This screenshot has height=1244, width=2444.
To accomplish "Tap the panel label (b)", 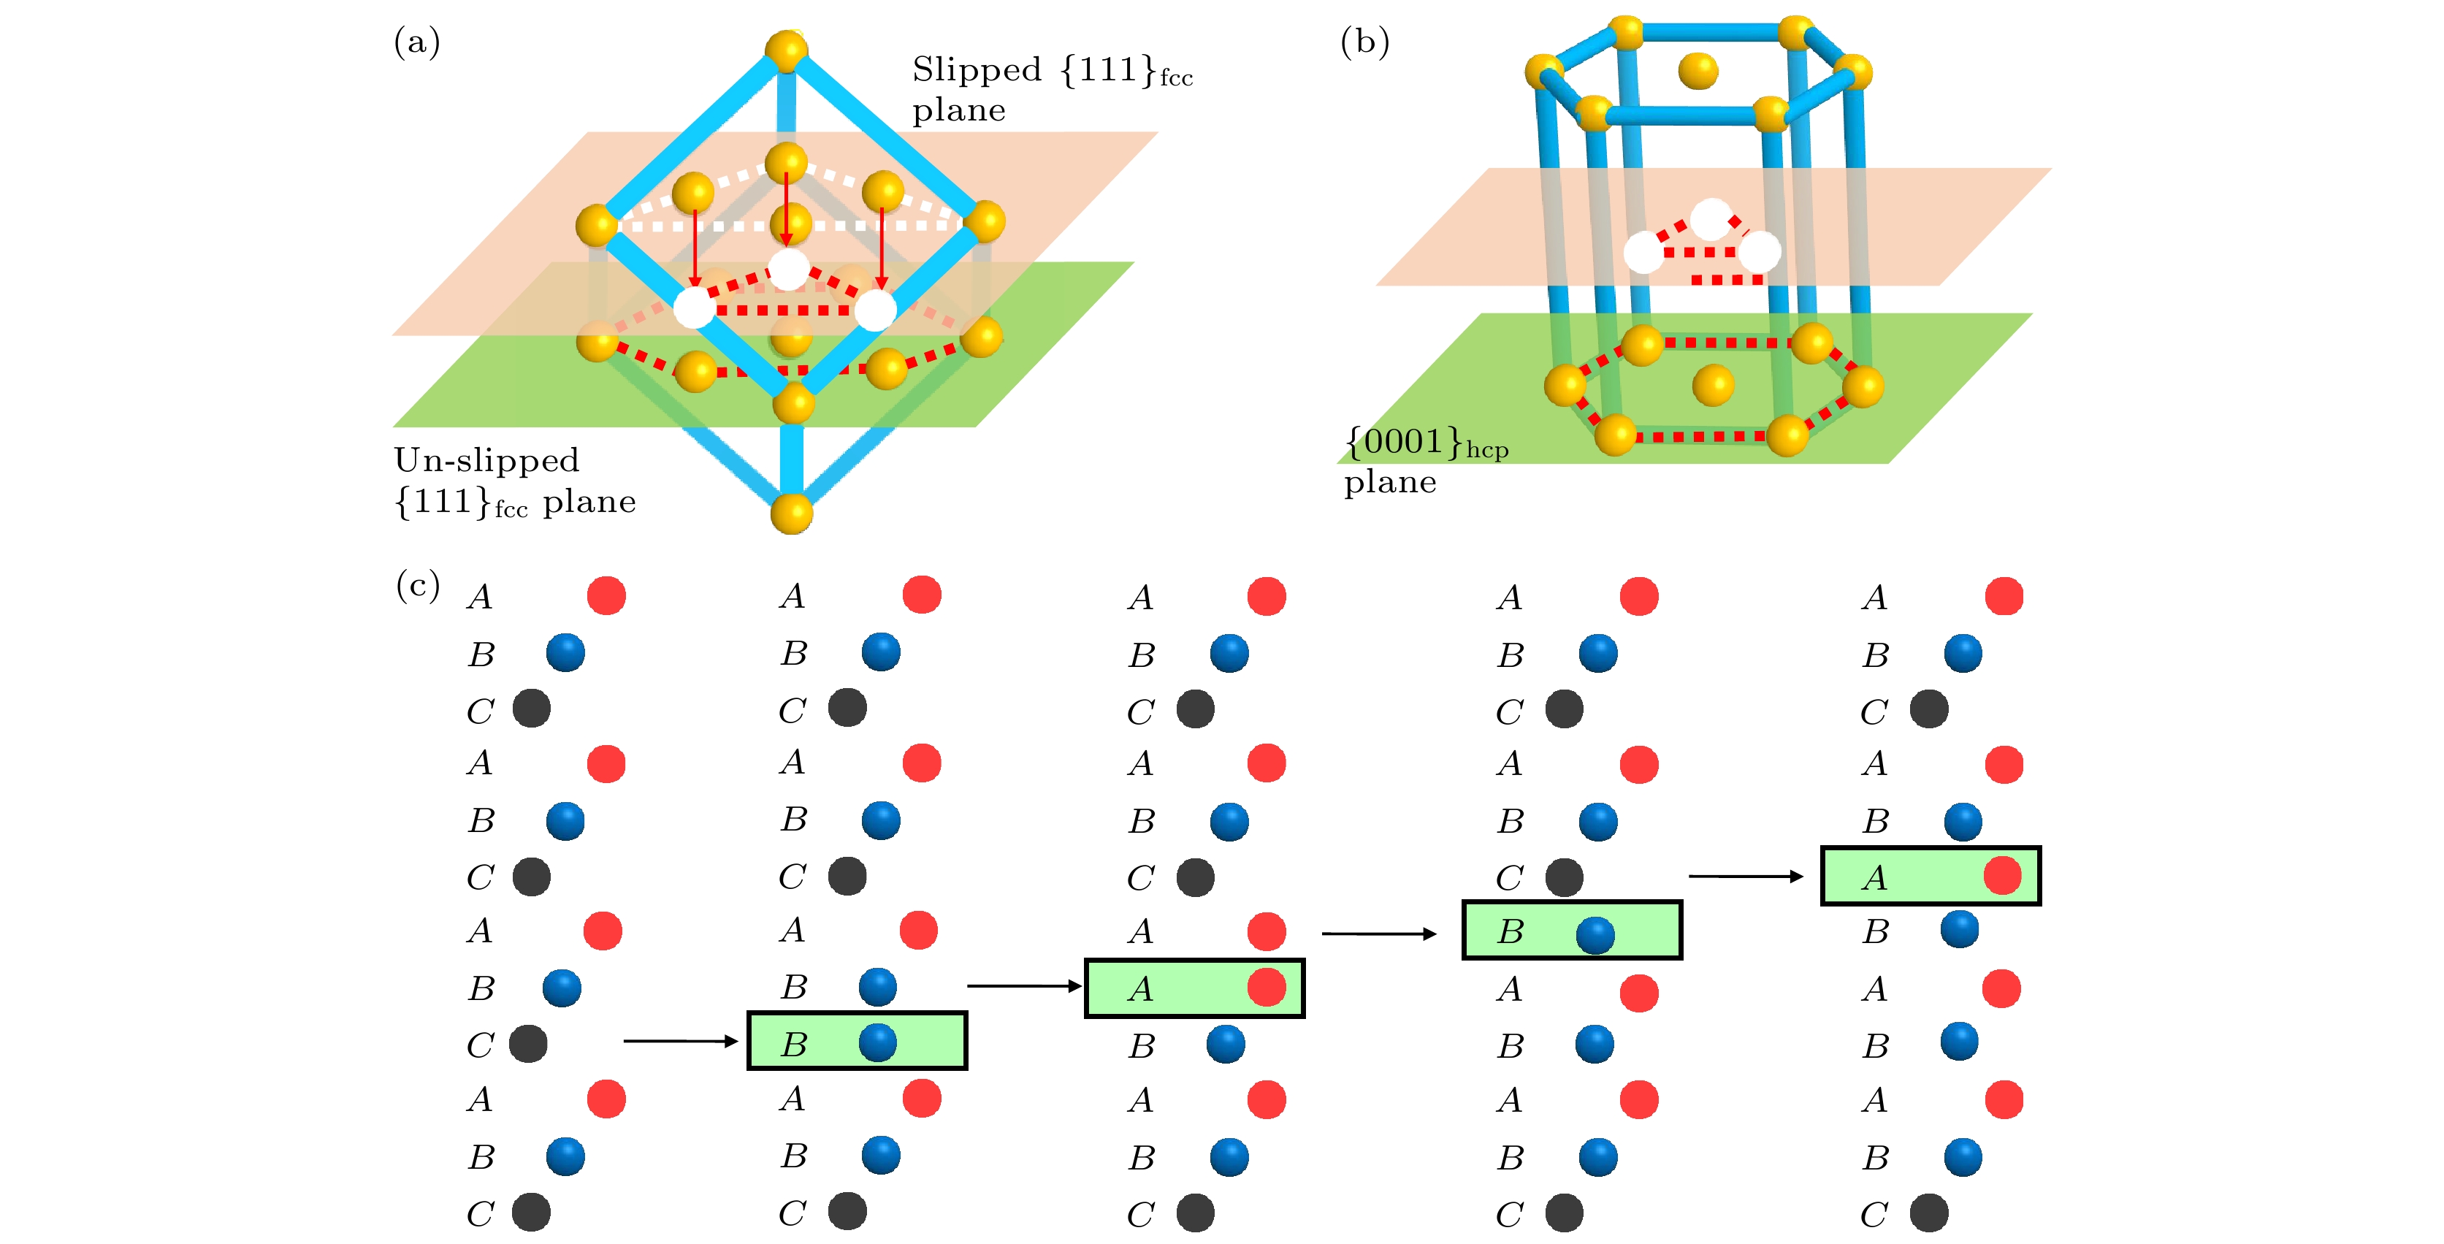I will pos(1364,42).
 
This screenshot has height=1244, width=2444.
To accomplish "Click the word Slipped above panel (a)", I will pos(977,70).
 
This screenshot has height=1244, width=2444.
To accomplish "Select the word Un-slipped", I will pos(486,460).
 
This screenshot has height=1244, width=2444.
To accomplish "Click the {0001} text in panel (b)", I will pos(1404,441).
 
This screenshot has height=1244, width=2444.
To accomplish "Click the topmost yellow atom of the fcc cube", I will pos(787,50).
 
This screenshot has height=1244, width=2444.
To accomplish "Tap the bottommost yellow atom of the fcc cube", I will pos(791,514).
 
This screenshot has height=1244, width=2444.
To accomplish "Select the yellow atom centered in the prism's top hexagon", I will pos(1698,70).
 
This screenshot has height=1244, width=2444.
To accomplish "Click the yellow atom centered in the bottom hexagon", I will pos(1713,385).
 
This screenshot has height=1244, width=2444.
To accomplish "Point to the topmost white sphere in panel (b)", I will pos(1711,219).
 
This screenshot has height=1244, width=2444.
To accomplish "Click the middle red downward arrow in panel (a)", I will pos(786,209).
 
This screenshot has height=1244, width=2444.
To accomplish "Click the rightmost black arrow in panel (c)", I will pos(1746,876).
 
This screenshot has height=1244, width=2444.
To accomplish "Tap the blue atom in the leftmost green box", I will pos(877,1042).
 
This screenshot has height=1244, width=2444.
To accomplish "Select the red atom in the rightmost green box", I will pos(2002,875).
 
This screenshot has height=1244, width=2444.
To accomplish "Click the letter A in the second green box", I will pos(1140,990).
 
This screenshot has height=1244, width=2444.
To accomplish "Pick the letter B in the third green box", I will pos(1511,933).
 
